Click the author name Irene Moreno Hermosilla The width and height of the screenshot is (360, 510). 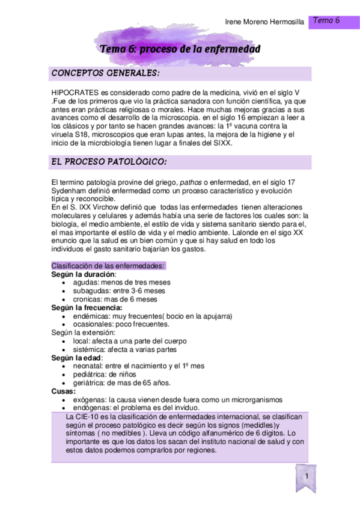coord(264,22)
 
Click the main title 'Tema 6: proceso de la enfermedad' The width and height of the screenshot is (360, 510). coord(180,49)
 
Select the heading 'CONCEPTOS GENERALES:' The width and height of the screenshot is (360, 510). coord(106,73)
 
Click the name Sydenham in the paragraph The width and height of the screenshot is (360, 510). coord(69,191)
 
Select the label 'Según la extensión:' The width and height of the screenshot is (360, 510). coord(84,333)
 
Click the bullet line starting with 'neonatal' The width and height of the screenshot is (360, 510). coord(138,366)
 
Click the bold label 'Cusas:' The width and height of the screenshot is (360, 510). coord(64,391)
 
